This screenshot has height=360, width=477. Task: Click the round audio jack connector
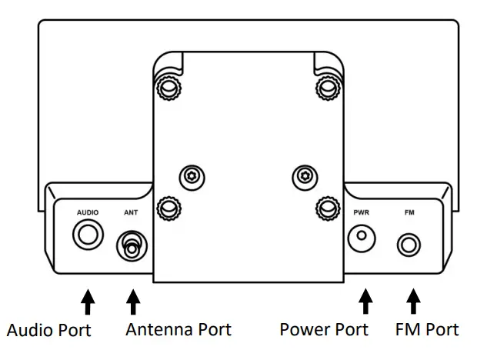(86, 234)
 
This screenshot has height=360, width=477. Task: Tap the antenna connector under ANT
(132, 246)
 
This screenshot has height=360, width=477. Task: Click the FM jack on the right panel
(409, 245)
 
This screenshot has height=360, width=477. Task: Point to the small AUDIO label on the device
(88, 212)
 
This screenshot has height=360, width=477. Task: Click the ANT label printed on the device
(130, 212)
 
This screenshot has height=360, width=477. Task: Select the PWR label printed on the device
(362, 212)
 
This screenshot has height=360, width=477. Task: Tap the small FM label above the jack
(409, 212)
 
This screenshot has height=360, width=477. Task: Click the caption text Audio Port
(49, 331)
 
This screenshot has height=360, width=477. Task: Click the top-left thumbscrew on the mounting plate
(168, 90)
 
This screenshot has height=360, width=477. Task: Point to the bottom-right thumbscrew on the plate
(326, 208)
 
